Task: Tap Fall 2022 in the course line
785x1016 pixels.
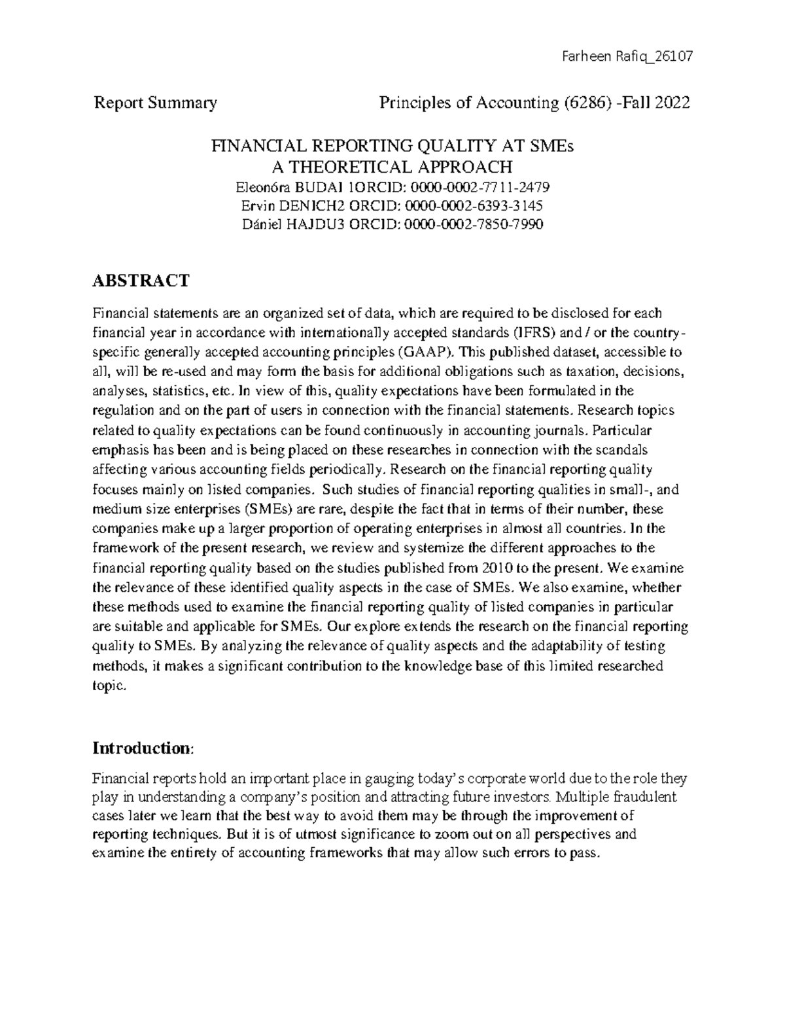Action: (x=658, y=103)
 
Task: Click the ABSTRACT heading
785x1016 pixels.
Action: (x=141, y=281)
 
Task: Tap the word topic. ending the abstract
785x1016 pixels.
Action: (x=108, y=686)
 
